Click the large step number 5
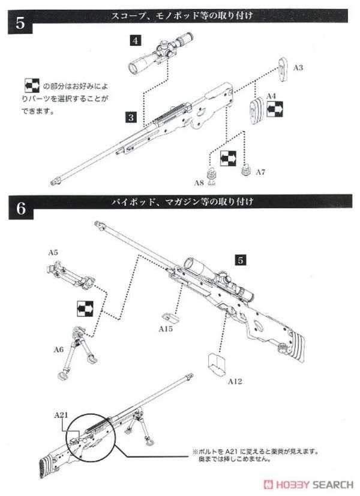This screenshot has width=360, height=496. [20, 24]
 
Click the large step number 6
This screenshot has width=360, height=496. [20, 210]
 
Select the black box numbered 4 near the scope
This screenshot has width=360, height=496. [136, 40]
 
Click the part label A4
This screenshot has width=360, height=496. [271, 95]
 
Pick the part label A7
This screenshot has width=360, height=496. [260, 172]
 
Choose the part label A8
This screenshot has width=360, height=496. [199, 181]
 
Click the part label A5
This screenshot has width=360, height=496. [53, 253]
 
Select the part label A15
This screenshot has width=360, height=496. [166, 329]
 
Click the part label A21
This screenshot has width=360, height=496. [61, 414]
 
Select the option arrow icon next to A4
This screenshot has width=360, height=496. [276, 110]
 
